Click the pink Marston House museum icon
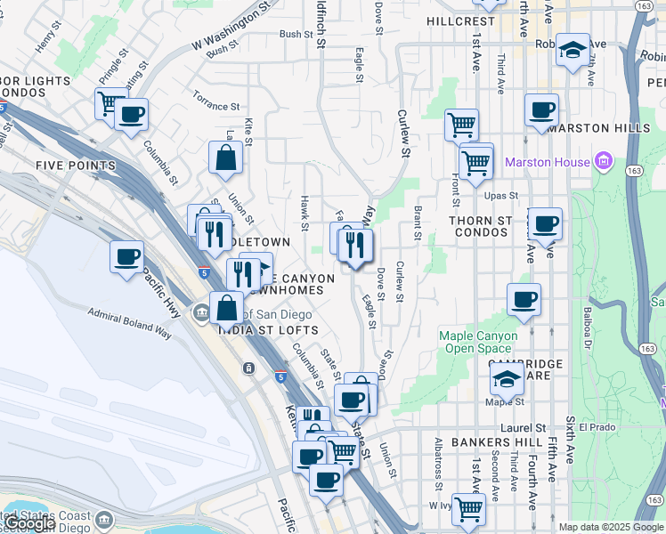tap(604, 163)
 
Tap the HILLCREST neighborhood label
tap(459, 20)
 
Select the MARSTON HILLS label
tap(599, 128)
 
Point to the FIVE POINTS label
tap(76, 166)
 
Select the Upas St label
tap(501, 196)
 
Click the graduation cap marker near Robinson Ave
tap(573, 50)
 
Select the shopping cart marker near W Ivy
tap(468, 509)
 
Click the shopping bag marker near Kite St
tap(226, 158)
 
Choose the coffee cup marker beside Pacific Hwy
tap(127, 257)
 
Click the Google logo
tap(31, 524)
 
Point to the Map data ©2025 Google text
tap(611, 527)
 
